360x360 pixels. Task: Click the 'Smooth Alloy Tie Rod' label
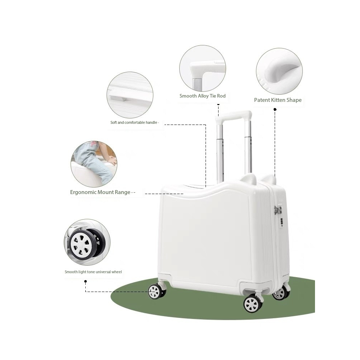(202, 96)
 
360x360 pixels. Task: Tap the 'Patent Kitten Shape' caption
(278, 100)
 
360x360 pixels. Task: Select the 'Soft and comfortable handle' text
(134, 123)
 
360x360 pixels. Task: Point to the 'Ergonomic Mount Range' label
(100, 192)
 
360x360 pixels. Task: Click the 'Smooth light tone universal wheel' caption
(93, 272)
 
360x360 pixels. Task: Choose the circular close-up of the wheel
(87, 242)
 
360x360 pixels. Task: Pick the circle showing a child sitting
(94, 164)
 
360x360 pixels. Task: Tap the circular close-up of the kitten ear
(279, 71)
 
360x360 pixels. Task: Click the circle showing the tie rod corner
(202, 68)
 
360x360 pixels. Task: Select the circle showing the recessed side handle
(130, 95)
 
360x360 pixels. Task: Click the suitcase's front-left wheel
(157, 291)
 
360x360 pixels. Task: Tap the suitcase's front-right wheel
(253, 303)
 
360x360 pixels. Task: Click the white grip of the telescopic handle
(233, 116)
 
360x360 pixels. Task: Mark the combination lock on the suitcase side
(279, 216)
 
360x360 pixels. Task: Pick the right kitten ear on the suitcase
(268, 179)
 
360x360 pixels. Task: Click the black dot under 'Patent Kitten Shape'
(275, 109)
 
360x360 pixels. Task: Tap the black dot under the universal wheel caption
(85, 281)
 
